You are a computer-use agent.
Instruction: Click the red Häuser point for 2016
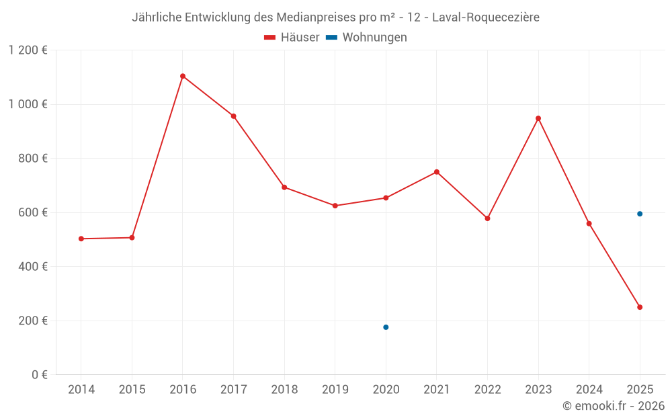[183, 76]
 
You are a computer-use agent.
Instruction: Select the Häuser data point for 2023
[538, 118]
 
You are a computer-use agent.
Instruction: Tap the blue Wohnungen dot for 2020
[386, 327]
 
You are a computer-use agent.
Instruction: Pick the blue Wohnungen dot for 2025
[640, 214]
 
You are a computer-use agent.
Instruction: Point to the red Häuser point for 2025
[640, 307]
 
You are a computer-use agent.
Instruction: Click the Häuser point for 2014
[81, 239]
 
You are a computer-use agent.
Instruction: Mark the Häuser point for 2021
[437, 172]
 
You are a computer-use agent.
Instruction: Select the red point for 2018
[284, 187]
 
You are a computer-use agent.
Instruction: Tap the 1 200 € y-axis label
[28, 50]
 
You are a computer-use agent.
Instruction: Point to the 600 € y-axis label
[33, 212]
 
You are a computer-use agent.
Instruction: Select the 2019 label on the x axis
[335, 390]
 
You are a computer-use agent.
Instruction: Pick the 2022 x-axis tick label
[487, 390]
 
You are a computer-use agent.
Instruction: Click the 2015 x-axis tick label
[132, 390]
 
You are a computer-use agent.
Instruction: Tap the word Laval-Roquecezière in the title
[486, 17]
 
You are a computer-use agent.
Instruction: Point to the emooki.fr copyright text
[614, 406]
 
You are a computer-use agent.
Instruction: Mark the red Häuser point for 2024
[589, 224]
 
